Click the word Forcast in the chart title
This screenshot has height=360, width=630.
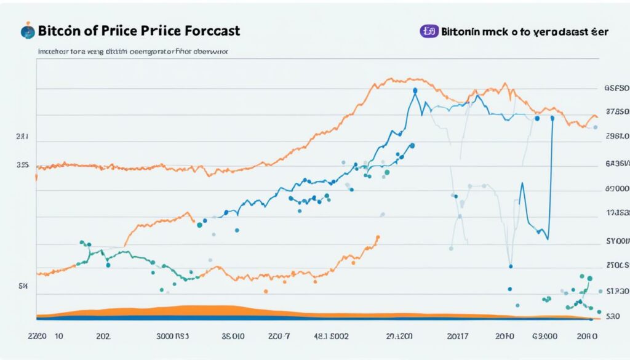(x=207, y=30)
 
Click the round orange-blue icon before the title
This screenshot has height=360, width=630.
(x=27, y=30)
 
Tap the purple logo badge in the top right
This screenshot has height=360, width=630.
(x=428, y=31)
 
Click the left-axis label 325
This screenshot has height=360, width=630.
(x=23, y=165)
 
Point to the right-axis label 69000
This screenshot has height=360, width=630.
(x=617, y=190)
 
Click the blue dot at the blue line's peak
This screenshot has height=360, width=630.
(x=415, y=90)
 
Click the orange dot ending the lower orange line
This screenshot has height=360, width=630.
(x=378, y=237)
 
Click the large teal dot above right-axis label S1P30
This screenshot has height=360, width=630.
(x=589, y=279)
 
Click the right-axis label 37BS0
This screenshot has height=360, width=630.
(x=617, y=113)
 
